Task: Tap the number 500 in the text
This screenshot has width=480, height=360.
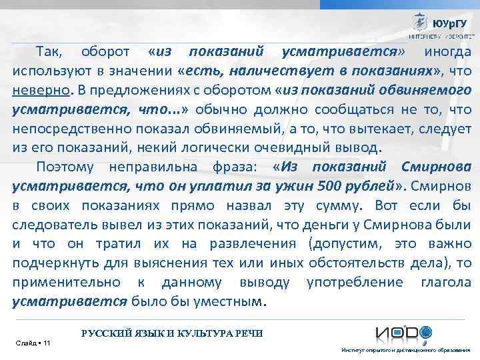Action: (x=331, y=185)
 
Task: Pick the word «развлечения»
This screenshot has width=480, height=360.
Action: (x=227, y=244)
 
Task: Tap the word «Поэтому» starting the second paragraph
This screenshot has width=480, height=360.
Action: (x=65, y=166)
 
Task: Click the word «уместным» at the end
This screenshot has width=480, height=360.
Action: (x=230, y=301)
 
